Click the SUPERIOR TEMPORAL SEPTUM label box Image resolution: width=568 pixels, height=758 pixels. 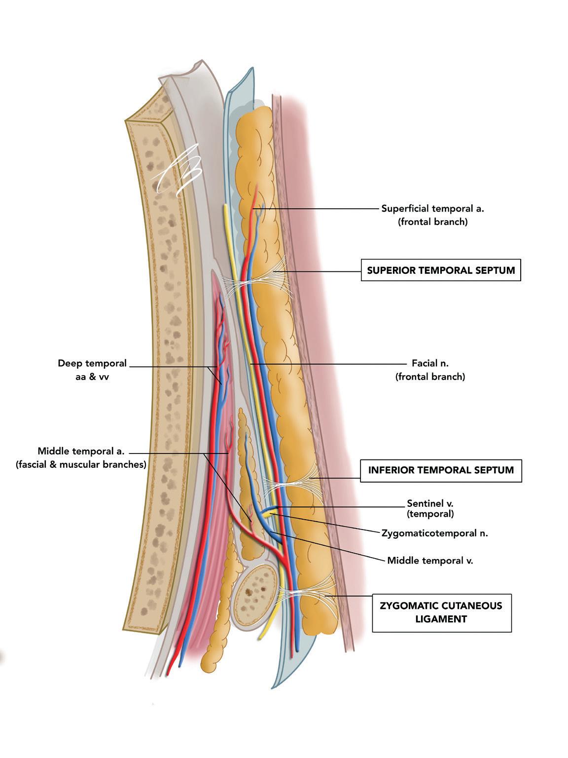440,270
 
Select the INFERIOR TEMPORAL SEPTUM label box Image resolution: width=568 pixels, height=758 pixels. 441,470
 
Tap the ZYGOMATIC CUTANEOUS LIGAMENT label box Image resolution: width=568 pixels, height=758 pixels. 441,612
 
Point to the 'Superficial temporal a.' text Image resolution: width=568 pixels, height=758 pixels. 432,208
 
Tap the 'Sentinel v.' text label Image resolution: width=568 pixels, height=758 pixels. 429,504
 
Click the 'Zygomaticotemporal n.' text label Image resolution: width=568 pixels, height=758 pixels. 434,533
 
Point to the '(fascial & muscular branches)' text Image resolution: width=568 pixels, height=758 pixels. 81,464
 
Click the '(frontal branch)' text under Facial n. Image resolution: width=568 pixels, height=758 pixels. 430,377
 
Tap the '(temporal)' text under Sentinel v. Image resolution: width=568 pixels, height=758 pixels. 430,514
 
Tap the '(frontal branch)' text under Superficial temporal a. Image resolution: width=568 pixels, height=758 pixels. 432,222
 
